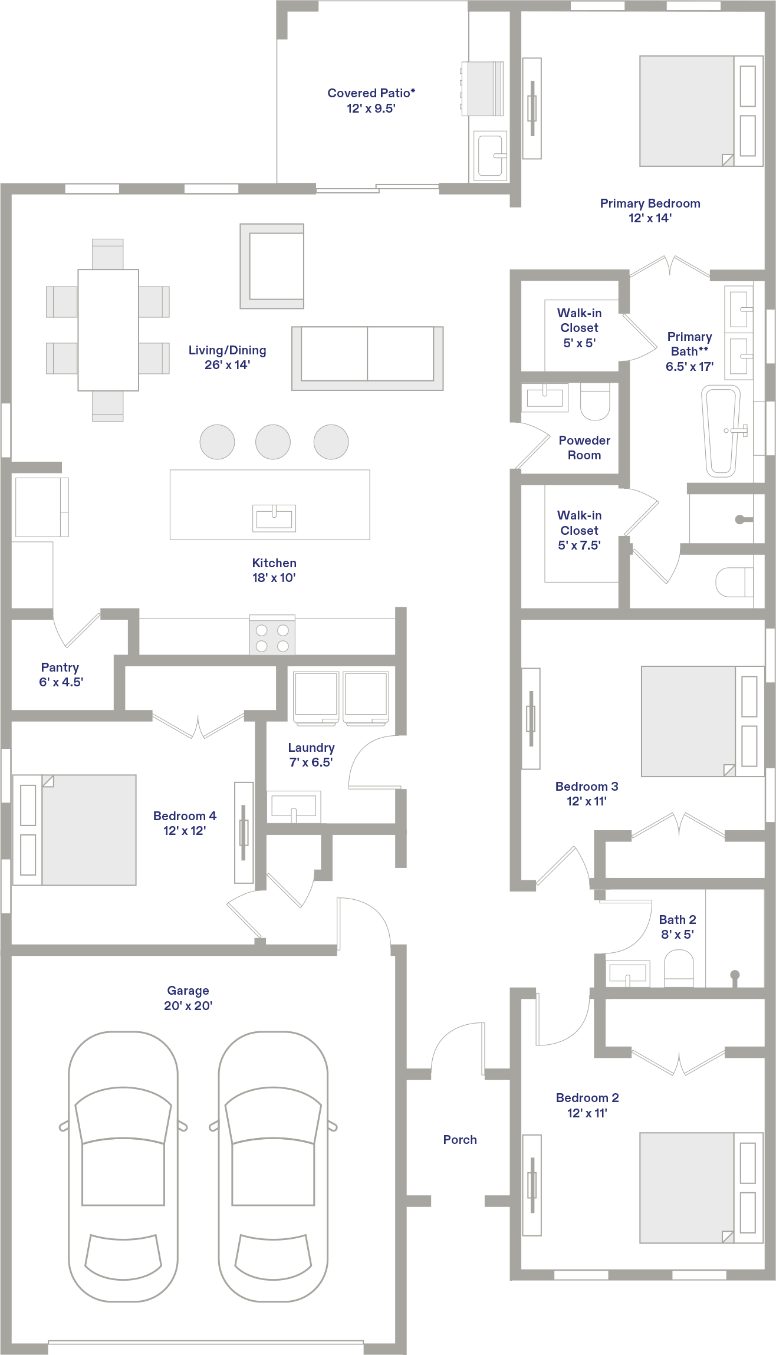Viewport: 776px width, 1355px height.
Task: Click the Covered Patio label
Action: click(x=371, y=93)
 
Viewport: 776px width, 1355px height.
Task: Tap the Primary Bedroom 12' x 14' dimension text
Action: click(x=650, y=218)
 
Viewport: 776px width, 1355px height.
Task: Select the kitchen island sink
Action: click(x=274, y=518)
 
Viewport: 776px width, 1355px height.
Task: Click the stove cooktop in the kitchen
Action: click(x=272, y=636)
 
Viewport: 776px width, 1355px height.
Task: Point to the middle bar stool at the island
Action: click(x=273, y=442)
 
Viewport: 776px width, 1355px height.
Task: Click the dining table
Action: click(x=108, y=330)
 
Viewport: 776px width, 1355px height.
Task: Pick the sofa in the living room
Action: click(x=367, y=359)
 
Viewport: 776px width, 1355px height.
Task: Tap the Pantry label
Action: click(x=60, y=667)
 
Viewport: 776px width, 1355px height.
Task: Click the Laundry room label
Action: click(x=311, y=748)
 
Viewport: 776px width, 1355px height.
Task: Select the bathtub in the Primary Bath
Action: click(x=721, y=431)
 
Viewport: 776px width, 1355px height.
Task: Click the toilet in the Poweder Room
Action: click(x=595, y=402)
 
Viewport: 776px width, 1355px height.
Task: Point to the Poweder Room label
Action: click(x=584, y=448)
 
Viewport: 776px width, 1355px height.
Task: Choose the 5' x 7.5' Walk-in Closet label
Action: click(x=580, y=530)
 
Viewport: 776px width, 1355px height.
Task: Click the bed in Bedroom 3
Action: click(x=702, y=721)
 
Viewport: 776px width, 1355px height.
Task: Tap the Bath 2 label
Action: click(x=678, y=920)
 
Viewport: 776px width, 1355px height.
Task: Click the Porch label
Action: click(x=460, y=1140)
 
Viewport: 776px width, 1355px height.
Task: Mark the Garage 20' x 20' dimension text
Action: click(x=188, y=1006)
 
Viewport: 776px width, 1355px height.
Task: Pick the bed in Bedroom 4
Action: click(x=74, y=830)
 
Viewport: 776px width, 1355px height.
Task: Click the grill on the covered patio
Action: click(x=482, y=88)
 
